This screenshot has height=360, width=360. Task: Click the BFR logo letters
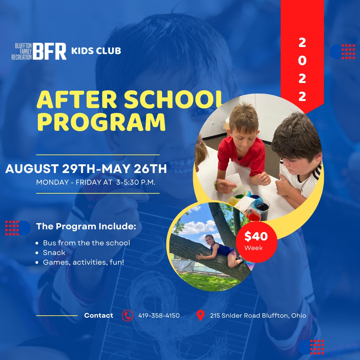[49, 51]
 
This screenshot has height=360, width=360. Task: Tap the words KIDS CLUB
[96, 51]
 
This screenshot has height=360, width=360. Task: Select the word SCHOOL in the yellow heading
[174, 99]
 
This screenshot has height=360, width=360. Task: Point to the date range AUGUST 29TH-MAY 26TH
[86, 169]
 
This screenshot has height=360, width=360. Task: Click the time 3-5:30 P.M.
[136, 182]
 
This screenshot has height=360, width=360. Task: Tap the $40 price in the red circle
[256, 236]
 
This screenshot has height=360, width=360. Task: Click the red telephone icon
[127, 315]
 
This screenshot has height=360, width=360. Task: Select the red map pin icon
[200, 315]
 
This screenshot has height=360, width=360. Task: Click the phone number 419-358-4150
[159, 315]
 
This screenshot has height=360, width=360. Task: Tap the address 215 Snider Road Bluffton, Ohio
[258, 315]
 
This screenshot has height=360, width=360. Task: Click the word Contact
[99, 315]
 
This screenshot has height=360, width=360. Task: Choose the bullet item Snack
[54, 253]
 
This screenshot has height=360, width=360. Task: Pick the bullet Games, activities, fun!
[84, 262]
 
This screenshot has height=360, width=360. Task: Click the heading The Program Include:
[86, 226]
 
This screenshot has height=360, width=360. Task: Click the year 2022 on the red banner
[302, 69]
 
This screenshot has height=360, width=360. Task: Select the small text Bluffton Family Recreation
[22, 51]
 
